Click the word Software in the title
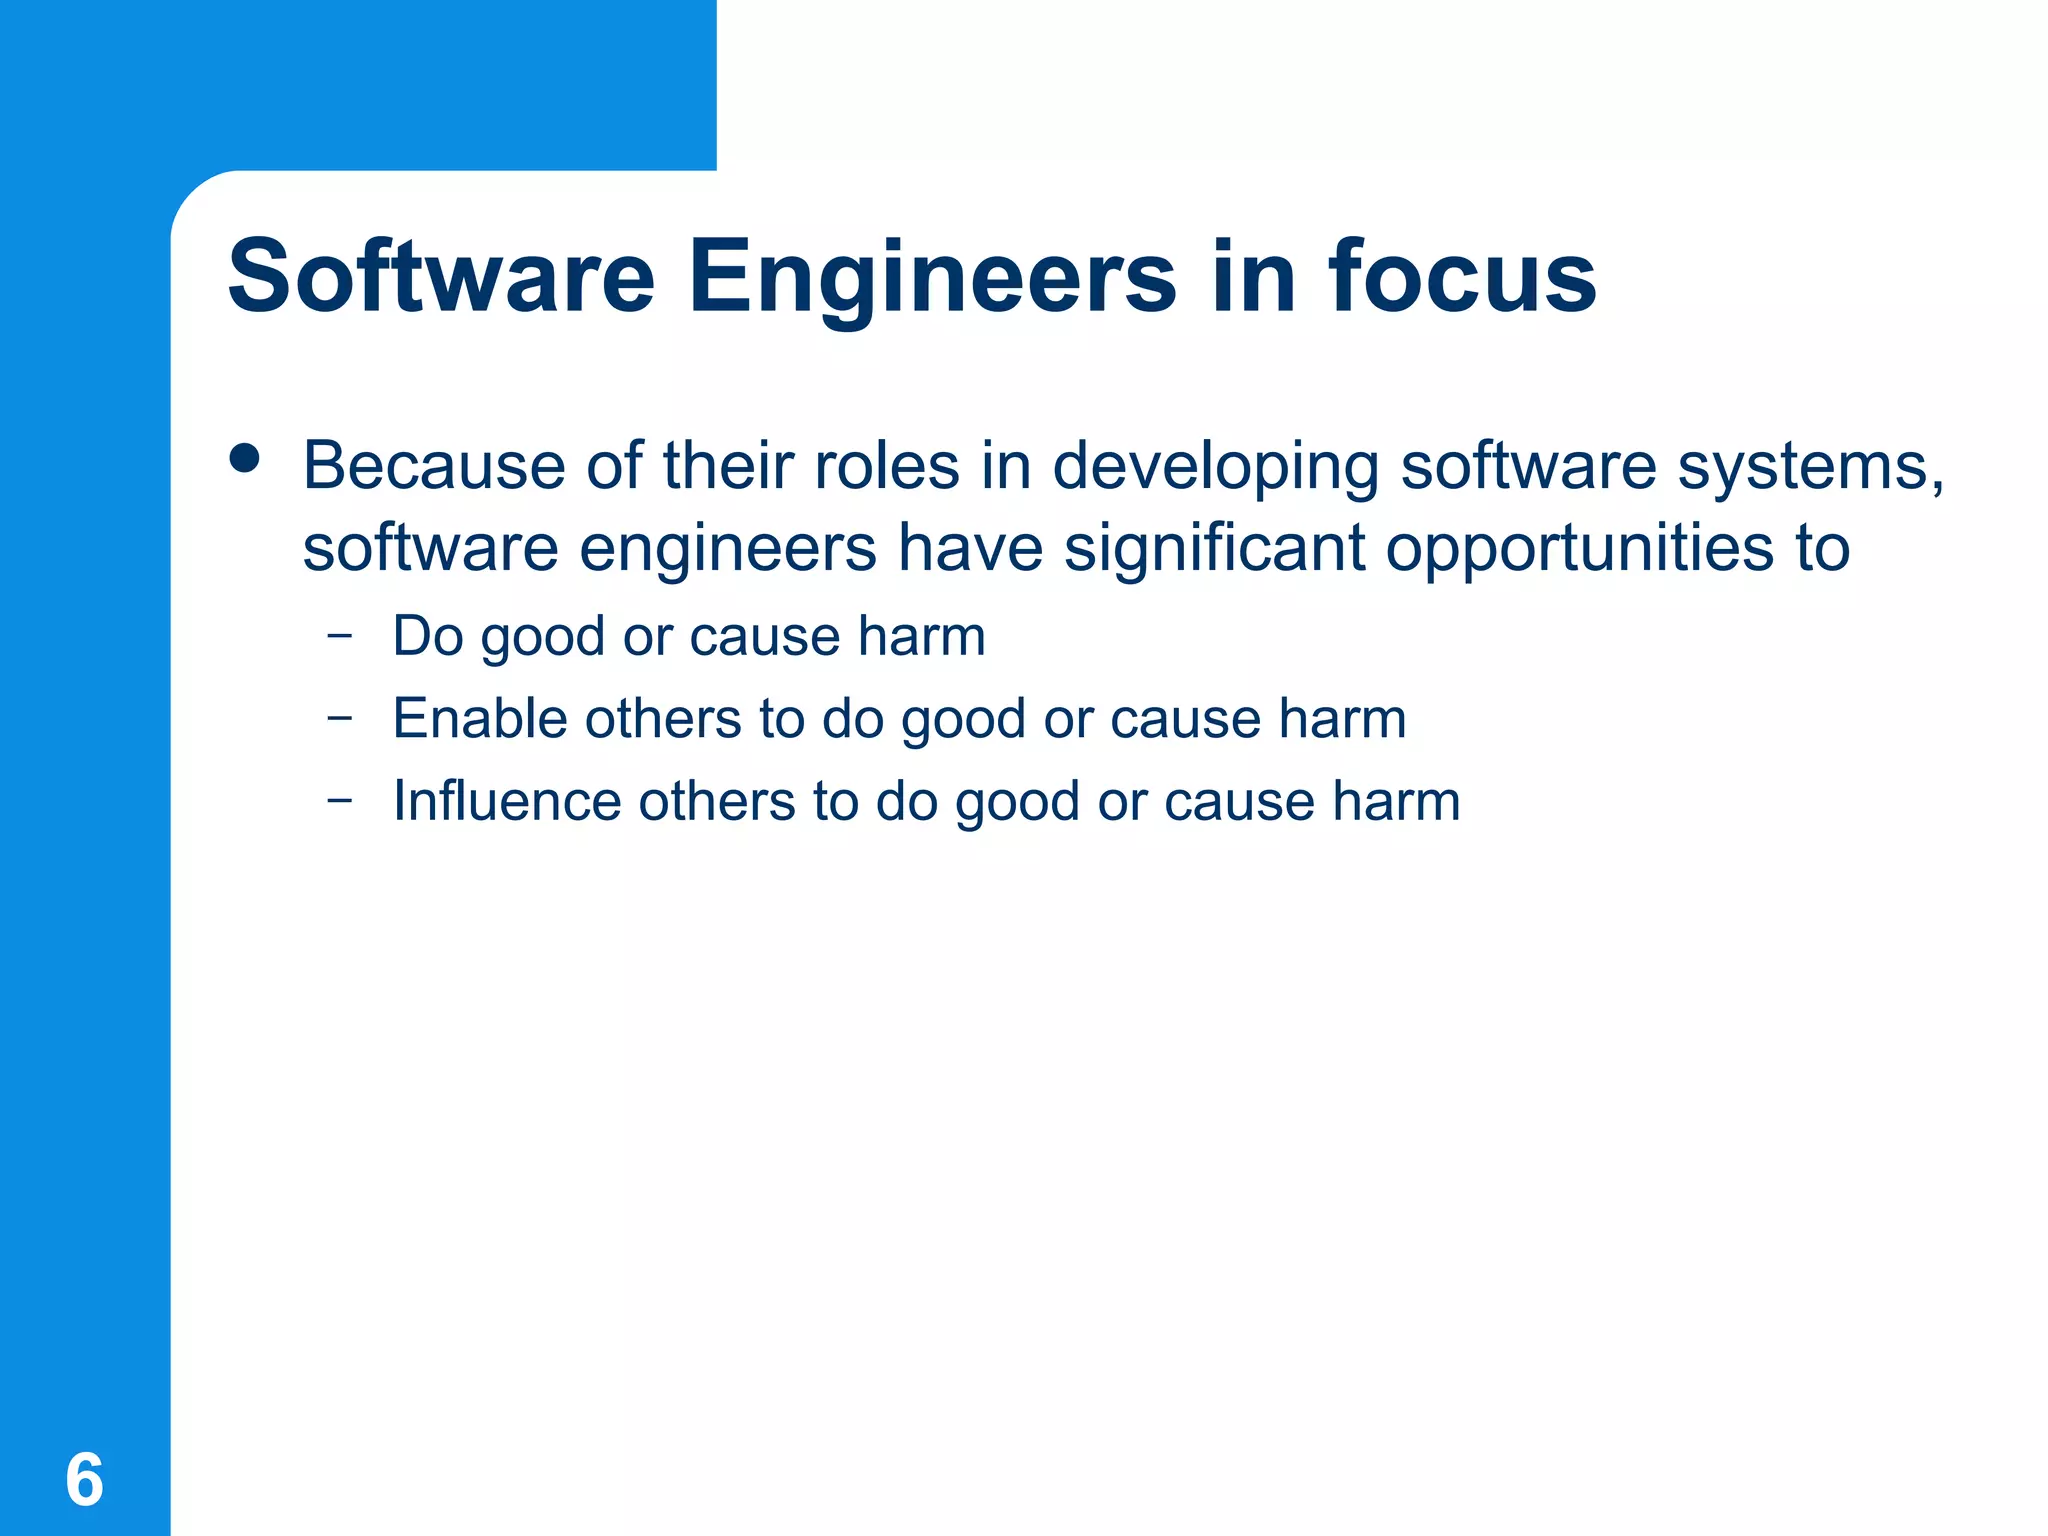click(x=441, y=276)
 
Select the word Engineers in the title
click(x=932, y=278)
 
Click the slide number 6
click(x=84, y=1480)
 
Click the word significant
click(x=1214, y=549)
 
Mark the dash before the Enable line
click(x=340, y=717)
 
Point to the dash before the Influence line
click(x=340, y=799)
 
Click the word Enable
click(x=480, y=718)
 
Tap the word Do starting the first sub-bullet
click(x=428, y=636)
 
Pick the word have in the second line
click(x=970, y=549)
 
